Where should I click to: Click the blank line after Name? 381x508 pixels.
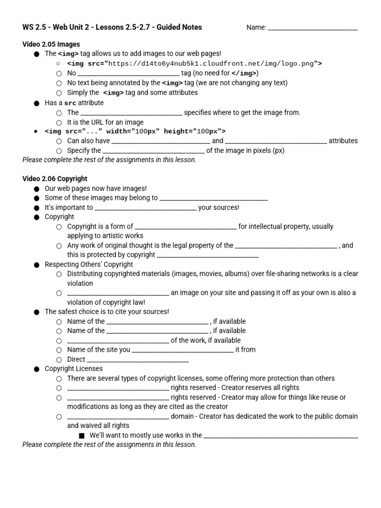(x=313, y=29)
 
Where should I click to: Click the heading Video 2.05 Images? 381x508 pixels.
(x=51, y=44)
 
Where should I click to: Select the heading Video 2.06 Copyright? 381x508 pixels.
(x=55, y=179)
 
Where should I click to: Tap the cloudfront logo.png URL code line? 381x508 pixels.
(x=194, y=63)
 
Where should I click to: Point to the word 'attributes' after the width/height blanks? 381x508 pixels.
(x=343, y=141)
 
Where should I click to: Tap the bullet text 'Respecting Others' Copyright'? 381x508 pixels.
(x=89, y=264)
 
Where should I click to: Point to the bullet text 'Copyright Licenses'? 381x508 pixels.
(x=74, y=369)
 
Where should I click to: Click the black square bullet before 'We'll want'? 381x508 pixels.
(x=82, y=436)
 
